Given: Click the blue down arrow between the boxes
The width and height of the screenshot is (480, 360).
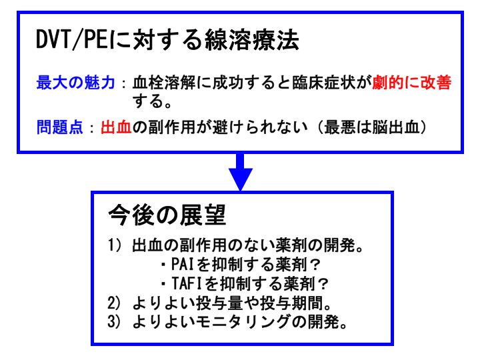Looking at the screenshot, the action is pyautogui.click(x=241, y=171).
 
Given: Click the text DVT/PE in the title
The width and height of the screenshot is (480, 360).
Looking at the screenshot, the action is pyautogui.click(x=72, y=40).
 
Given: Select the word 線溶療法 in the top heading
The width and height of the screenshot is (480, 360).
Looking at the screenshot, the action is pyautogui.click(x=252, y=40).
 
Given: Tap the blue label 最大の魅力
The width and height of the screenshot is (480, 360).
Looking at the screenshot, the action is pyautogui.click(x=75, y=83).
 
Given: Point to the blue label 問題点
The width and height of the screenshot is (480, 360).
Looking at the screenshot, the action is pyautogui.click(x=60, y=127).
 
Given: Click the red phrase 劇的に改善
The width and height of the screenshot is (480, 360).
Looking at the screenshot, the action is pyautogui.click(x=411, y=83).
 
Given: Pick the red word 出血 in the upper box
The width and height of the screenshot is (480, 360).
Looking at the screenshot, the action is pyautogui.click(x=116, y=127).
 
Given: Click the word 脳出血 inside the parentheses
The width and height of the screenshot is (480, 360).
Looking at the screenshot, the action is pyautogui.click(x=395, y=127).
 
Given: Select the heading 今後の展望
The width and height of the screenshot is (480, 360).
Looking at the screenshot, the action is pyautogui.click(x=167, y=215).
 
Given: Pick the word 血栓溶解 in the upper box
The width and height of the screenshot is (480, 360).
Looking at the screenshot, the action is pyautogui.click(x=164, y=83).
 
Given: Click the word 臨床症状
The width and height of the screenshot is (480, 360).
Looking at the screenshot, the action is pyautogui.click(x=323, y=83).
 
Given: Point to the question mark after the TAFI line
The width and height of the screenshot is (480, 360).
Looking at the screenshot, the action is pyautogui.click(x=323, y=284).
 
